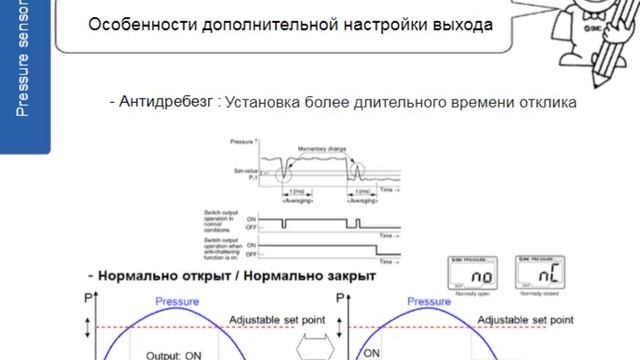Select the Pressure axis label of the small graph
pyautogui.click(x=243, y=144)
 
